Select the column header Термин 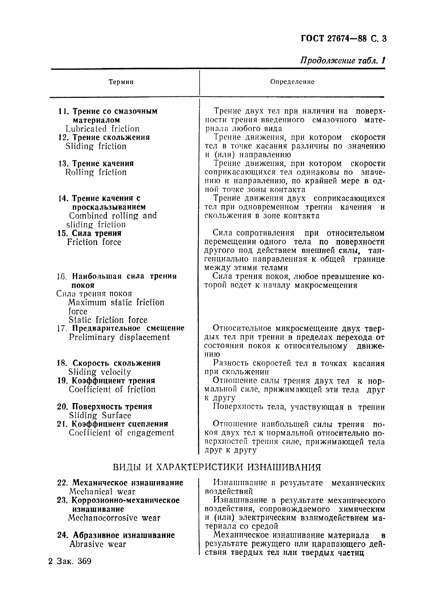(x=121, y=82)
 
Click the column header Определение (x=292, y=82)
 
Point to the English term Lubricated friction (x=102, y=129)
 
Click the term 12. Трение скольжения (x=104, y=137)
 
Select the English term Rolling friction (x=96, y=172)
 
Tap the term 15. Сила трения (x=90, y=233)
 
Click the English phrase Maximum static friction (x=116, y=303)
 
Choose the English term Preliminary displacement (x=119, y=337)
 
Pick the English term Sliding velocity (x=100, y=372)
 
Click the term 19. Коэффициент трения (x=106, y=381)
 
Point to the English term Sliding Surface (x=100, y=415)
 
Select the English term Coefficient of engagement (x=121, y=433)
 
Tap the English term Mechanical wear (x=102, y=492)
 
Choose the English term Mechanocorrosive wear (x=114, y=518)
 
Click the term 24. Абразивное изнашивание (x=116, y=535)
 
